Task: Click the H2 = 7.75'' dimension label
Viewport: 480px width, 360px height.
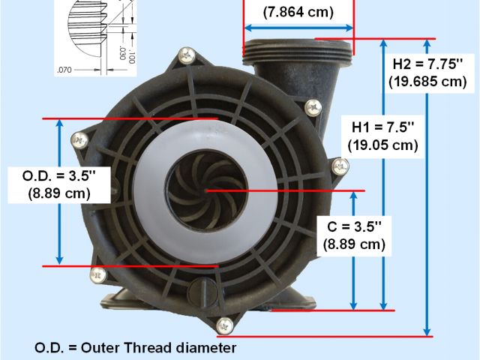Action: tap(427, 64)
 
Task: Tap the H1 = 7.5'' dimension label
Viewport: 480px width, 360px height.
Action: tap(383, 127)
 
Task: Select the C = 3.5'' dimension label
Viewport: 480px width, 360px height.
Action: tap(355, 226)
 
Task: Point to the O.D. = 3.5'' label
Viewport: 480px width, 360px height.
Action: tap(59, 176)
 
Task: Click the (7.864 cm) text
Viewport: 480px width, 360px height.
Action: tap(298, 12)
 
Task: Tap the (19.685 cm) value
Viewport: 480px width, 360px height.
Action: tap(427, 82)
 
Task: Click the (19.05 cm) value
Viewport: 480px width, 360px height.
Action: tap(383, 145)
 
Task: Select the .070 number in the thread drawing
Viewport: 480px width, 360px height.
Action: tap(64, 70)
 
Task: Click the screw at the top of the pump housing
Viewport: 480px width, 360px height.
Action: tap(187, 55)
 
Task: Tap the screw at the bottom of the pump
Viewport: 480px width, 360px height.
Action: tap(225, 325)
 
